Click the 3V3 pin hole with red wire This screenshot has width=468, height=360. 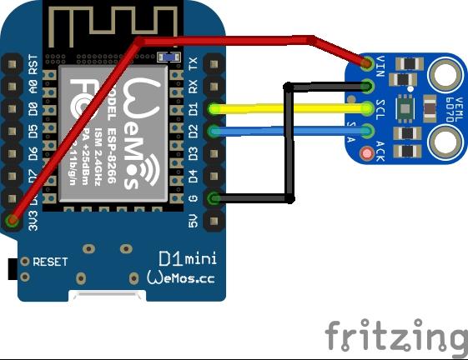(13, 220)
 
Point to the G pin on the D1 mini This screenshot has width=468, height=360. (214, 197)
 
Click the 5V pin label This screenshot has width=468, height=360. (194, 220)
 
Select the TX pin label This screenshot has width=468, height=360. (194, 63)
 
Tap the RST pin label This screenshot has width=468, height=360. (34, 63)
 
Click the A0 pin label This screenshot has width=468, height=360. (34, 86)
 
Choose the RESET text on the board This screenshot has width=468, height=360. (50, 262)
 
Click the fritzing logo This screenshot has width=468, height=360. (395, 336)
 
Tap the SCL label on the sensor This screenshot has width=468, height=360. (380, 108)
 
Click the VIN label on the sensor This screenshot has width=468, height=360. (380, 63)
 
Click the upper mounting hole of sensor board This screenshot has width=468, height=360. (445, 77)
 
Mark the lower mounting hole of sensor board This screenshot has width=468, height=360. (445, 142)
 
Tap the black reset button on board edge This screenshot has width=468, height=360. (12, 269)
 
